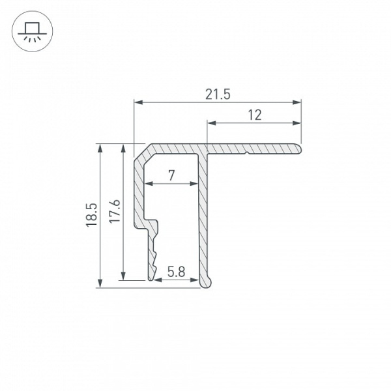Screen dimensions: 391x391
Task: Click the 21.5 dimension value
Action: pos(218,94)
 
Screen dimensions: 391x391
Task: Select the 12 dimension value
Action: pos(255,115)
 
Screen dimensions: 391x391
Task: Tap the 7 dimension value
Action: pos(171,175)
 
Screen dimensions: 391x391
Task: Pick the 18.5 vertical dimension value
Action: pos(91,215)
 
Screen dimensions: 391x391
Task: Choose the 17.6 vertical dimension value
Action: pos(115,212)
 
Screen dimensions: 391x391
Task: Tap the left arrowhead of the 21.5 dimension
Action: pos(138,102)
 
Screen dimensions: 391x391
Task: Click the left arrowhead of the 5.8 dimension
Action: pos(153,280)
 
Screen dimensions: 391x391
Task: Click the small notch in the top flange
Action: pos(248,154)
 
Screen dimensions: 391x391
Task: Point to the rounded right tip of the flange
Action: pos(300,149)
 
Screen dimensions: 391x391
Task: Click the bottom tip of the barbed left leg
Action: pos(152,279)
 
